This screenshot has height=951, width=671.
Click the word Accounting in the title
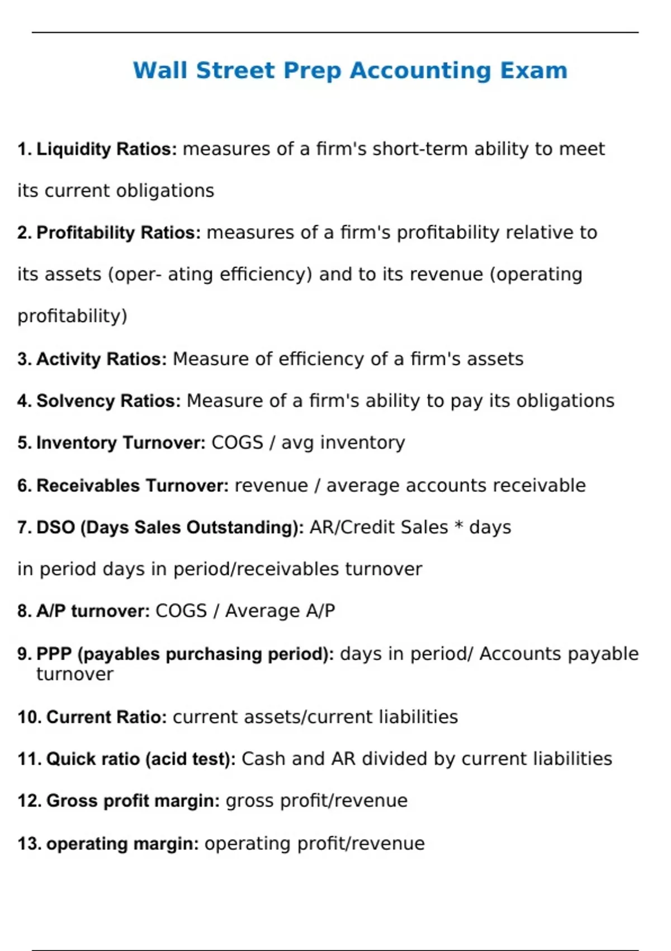pos(420,71)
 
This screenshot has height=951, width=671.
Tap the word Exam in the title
pos(533,71)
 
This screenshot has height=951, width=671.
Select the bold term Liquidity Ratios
pos(106,149)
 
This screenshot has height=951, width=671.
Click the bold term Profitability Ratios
pos(118,233)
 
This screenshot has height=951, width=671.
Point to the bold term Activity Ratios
pos(101,359)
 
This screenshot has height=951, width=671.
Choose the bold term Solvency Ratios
pos(108,401)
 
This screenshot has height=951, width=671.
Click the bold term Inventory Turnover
pos(121,443)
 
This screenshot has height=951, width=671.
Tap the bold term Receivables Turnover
pos(133,486)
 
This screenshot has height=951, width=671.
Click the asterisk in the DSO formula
pos(459,526)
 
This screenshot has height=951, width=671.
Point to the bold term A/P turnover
pos(93,611)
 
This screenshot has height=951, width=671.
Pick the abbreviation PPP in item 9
pos(54,654)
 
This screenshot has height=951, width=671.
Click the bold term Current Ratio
pos(106,717)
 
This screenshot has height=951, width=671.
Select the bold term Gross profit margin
pos(133,801)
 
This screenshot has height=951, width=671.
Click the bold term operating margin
pos(122,844)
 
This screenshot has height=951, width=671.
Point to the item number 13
pos(29,844)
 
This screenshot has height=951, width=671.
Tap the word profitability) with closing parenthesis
pos(72,317)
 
